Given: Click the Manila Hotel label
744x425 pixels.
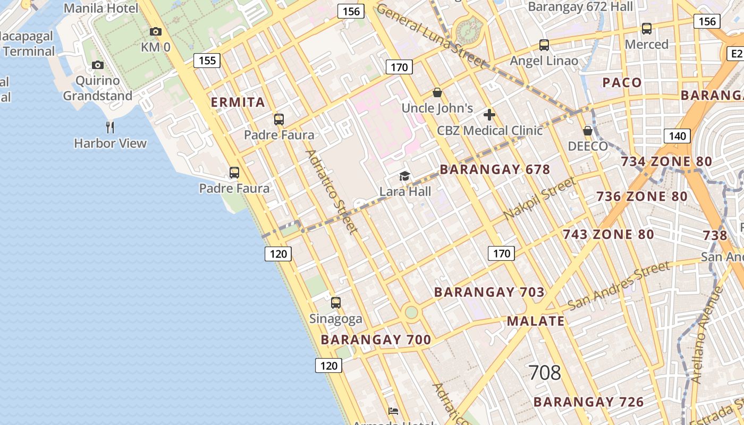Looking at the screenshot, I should pos(101,8).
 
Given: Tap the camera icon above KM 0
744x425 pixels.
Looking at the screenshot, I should pos(156,32).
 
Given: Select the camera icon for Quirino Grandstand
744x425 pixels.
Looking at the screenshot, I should pos(98,65).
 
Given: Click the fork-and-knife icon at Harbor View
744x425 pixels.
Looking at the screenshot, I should pos(110,127).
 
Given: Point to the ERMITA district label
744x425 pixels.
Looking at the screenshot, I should pos(238,103).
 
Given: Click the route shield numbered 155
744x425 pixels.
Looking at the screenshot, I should pos(207,61).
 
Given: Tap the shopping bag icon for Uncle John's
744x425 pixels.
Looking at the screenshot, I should pos(437,93).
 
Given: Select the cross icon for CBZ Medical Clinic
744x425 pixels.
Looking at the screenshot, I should pos(489,115).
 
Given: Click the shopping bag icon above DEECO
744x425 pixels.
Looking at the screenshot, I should pos(588,131).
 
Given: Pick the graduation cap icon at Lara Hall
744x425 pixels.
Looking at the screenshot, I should pos(405,176).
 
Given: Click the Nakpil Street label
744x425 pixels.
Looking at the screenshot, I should pos(540,199).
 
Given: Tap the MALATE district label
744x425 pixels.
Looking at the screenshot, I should pos(536,321).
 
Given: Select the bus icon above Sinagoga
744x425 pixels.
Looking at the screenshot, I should pos(336,303).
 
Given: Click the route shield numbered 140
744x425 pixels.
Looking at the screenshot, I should pos(677,136).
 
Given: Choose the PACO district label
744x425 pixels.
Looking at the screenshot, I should pos(622,83).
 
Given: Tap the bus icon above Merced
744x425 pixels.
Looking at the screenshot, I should pos(647,29).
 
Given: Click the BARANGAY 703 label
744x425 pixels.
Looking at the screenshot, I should pos(489,292).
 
